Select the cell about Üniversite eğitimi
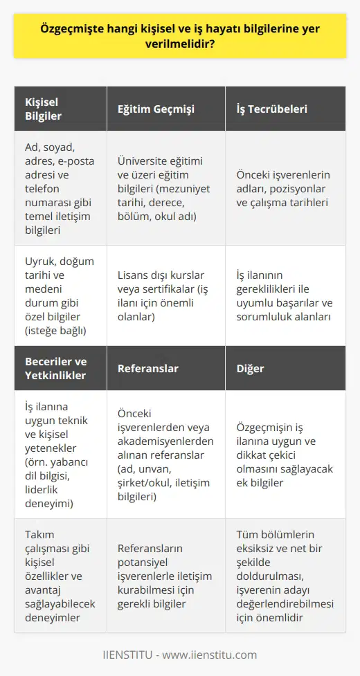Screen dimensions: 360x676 pos(165,187)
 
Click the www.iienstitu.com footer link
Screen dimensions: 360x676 pos(216,655)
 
